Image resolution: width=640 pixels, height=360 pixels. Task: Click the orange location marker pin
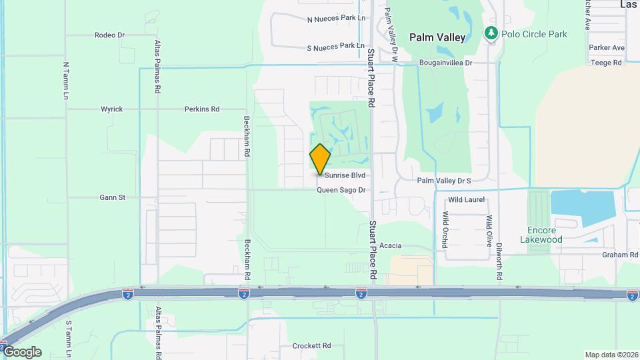tap(320, 159)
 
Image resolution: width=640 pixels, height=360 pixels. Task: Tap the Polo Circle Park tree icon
tap(491, 33)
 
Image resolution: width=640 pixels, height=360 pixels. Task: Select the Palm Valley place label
tap(437, 37)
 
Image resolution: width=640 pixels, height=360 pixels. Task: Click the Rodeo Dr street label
tap(109, 35)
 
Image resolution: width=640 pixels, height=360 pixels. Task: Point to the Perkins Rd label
tap(202, 109)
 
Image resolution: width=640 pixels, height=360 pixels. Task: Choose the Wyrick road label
tap(111, 109)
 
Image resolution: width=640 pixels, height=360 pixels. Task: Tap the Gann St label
tap(112, 197)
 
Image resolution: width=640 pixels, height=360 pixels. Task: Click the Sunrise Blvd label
tap(345, 175)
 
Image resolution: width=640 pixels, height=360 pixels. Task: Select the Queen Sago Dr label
tap(341, 190)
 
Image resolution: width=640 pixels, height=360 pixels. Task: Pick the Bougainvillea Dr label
tap(445, 63)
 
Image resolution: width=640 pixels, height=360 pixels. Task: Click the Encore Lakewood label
tap(541, 235)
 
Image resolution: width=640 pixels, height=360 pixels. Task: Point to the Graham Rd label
tap(620, 255)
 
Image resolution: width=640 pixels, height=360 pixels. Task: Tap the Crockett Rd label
tap(311, 346)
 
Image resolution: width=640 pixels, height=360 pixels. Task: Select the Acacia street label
tap(390, 246)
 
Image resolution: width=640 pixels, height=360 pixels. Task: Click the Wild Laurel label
tap(466, 199)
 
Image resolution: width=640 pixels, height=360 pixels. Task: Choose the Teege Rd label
tap(606, 63)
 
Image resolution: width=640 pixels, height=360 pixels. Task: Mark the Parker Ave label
tap(607, 48)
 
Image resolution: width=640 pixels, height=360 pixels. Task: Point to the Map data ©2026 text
tap(611, 355)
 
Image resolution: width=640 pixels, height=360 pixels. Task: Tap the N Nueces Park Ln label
tap(337, 19)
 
